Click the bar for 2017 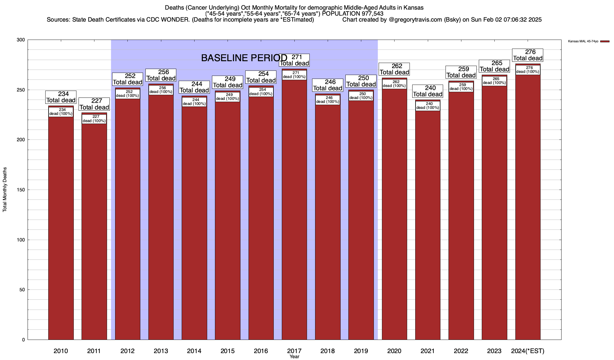tap(294, 210)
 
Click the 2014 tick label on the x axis tap(194, 351)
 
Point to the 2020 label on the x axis tap(394, 351)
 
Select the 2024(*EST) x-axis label tap(528, 351)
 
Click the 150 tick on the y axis tap(21, 190)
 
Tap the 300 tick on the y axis tap(21, 40)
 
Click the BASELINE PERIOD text tap(244, 58)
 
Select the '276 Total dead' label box tap(528, 55)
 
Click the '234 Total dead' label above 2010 tap(61, 97)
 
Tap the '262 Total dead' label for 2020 tap(394, 69)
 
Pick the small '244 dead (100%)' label tap(194, 102)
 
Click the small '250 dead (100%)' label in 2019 tap(361, 96)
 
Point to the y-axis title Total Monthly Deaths tap(5, 190)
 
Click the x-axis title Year tap(294, 357)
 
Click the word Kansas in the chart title tap(415, 7)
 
